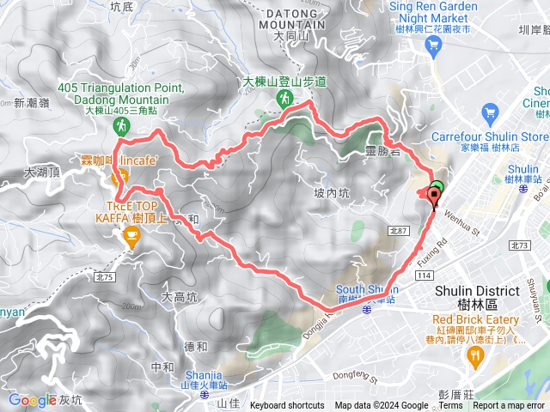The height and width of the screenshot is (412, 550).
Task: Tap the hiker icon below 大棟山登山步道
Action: pyautogui.click(x=284, y=100)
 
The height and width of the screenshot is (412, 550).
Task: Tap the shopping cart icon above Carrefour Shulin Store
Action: pyautogui.click(x=491, y=112)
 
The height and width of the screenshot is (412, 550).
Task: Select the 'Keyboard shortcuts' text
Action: pyautogui.click(x=287, y=406)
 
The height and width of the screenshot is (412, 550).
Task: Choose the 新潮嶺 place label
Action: pyautogui.click(x=32, y=103)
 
